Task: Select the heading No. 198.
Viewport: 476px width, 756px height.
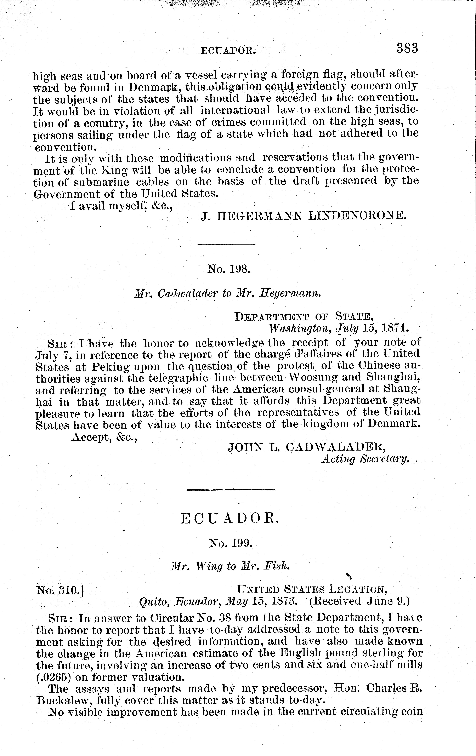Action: tap(228, 269)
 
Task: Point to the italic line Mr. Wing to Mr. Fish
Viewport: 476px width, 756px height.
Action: tap(229, 566)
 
